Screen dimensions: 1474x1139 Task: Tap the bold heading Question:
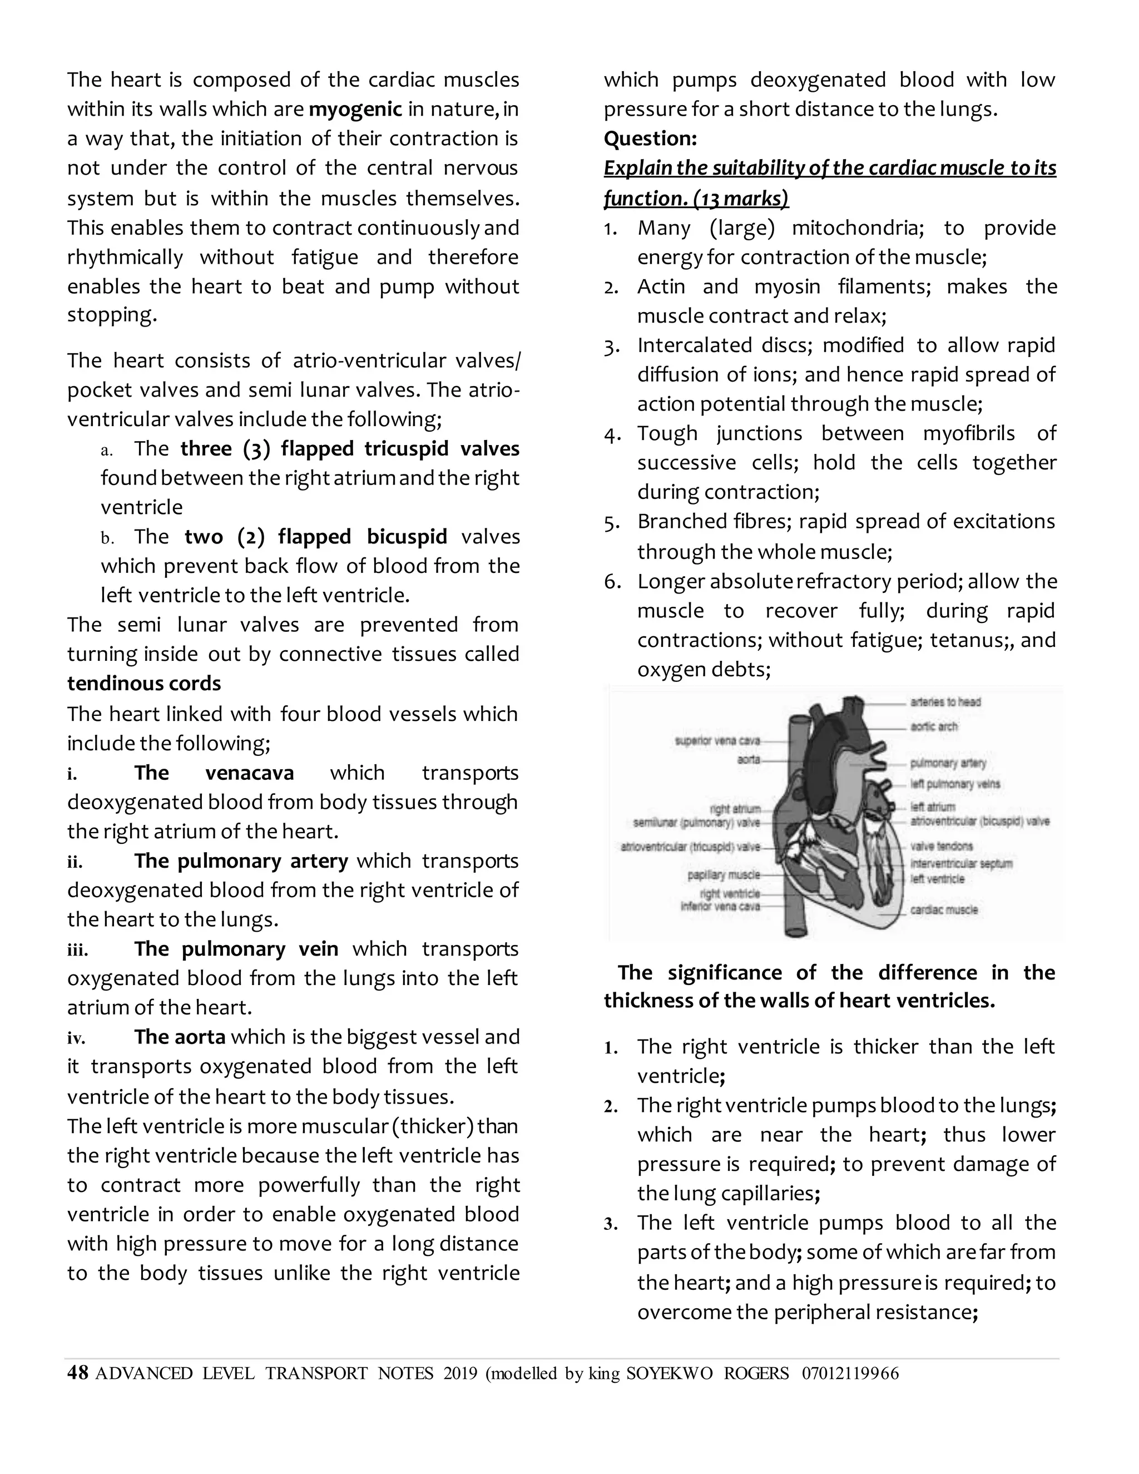click(x=650, y=139)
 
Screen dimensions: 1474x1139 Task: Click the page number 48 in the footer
click(x=78, y=1373)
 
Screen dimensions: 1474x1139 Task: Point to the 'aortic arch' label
click(x=934, y=726)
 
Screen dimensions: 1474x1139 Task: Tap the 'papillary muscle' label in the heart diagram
click(x=724, y=875)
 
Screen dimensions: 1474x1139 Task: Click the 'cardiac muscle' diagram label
click(x=943, y=910)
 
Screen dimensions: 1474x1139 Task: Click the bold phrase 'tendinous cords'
click(x=143, y=683)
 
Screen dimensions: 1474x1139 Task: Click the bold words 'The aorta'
click(x=180, y=1037)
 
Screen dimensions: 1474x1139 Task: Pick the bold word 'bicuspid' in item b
click(x=407, y=537)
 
